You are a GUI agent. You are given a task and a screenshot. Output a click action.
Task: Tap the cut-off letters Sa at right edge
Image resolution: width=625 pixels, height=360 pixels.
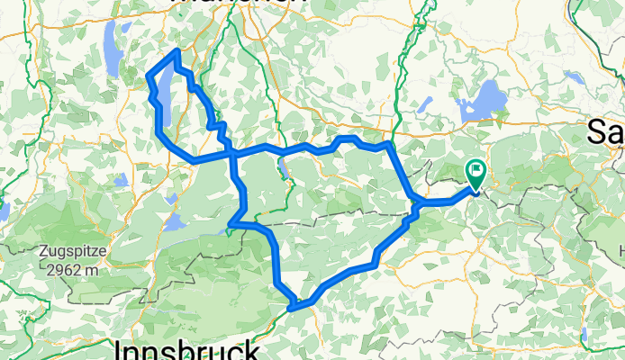click(605, 131)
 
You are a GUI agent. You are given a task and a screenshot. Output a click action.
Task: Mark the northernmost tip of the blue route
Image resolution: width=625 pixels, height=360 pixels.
click(177, 52)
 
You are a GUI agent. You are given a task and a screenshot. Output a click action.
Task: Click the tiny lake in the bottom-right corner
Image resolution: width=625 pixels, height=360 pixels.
click(584, 335)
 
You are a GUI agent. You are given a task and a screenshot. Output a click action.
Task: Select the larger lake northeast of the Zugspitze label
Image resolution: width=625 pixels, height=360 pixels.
click(175, 221)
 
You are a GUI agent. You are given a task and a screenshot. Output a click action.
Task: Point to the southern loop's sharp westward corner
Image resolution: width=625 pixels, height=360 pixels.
click(231, 223)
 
